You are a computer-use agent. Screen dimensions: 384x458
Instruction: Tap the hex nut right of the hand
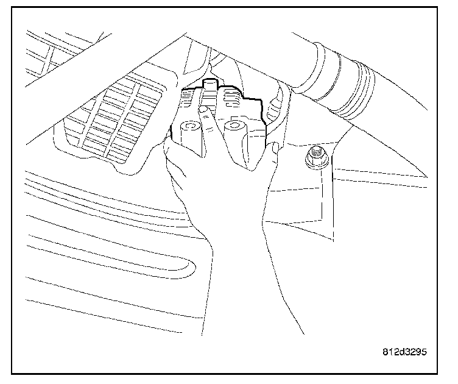tap(317, 158)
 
